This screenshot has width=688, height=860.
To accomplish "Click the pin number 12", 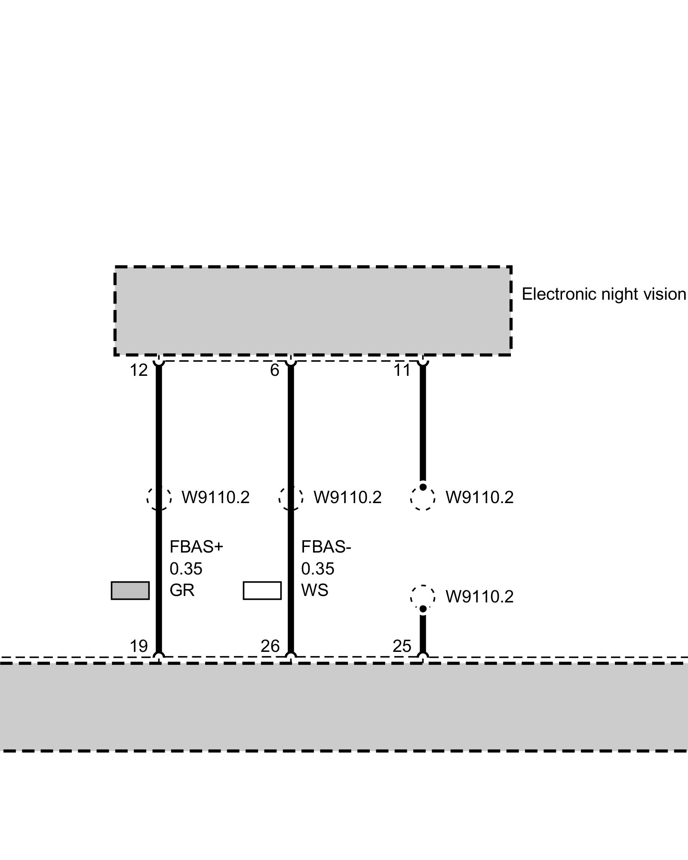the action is click(x=138, y=370).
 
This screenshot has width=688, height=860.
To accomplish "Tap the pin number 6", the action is click(x=275, y=370).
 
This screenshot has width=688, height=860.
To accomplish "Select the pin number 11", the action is click(x=402, y=370).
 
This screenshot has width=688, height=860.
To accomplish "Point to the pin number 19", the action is click(x=138, y=646).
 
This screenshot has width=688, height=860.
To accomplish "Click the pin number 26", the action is click(x=270, y=646).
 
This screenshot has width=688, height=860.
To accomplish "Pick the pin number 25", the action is click(x=402, y=646).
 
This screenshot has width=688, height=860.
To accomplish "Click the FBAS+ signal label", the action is click(x=197, y=547).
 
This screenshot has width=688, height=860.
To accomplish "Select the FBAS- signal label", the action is click(x=326, y=547).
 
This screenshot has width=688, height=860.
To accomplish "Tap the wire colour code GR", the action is click(x=182, y=590).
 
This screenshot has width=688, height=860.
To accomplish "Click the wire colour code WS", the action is click(x=314, y=590).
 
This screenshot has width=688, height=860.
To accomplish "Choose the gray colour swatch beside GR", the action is click(x=130, y=590).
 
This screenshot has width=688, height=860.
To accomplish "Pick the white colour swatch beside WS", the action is click(x=262, y=590).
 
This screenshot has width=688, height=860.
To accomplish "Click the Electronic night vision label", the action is click(x=604, y=295).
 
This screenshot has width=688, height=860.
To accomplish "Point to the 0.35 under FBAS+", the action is click(x=186, y=569).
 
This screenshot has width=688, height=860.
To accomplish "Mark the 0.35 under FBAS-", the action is click(x=317, y=569).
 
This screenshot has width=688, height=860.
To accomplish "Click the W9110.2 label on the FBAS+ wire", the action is click(x=215, y=498).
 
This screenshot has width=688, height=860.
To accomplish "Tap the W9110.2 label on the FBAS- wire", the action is click(x=347, y=498).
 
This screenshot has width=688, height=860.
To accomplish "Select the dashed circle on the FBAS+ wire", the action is click(x=159, y=498).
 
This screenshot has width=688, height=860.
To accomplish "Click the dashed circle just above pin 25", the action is click(x=423, y=597).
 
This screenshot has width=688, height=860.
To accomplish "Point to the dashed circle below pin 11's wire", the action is click(x=423, y=498).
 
